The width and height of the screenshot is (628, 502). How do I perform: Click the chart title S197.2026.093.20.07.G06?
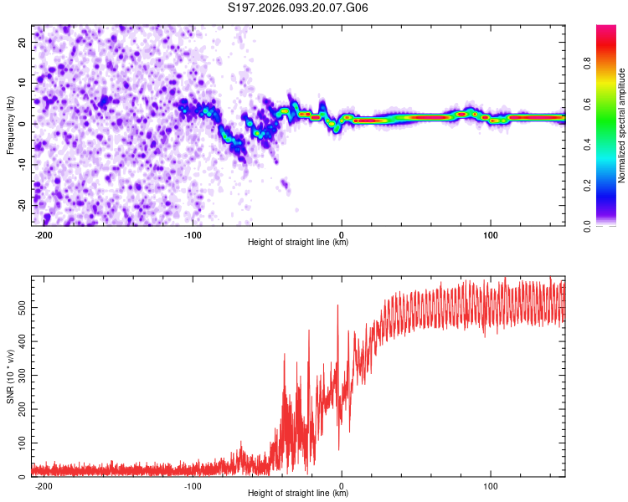coord(299,8)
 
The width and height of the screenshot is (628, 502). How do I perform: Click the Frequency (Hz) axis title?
coord(10,125)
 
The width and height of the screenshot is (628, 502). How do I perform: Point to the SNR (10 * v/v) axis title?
coord(10,376)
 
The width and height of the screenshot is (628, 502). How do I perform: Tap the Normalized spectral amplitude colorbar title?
coord(622,125)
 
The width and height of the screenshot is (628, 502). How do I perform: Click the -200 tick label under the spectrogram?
coord(44,233)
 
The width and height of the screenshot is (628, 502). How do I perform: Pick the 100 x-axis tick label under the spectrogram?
coord(490,233)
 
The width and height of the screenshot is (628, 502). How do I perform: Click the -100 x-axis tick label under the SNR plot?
coord(193,484)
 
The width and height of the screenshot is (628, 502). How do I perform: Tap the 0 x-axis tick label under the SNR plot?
coord(342,484)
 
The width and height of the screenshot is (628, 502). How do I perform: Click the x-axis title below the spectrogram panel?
coord(298,243)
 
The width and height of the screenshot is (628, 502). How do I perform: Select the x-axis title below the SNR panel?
coord(298,494)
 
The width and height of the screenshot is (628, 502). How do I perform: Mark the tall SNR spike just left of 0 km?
coord(338,308)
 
